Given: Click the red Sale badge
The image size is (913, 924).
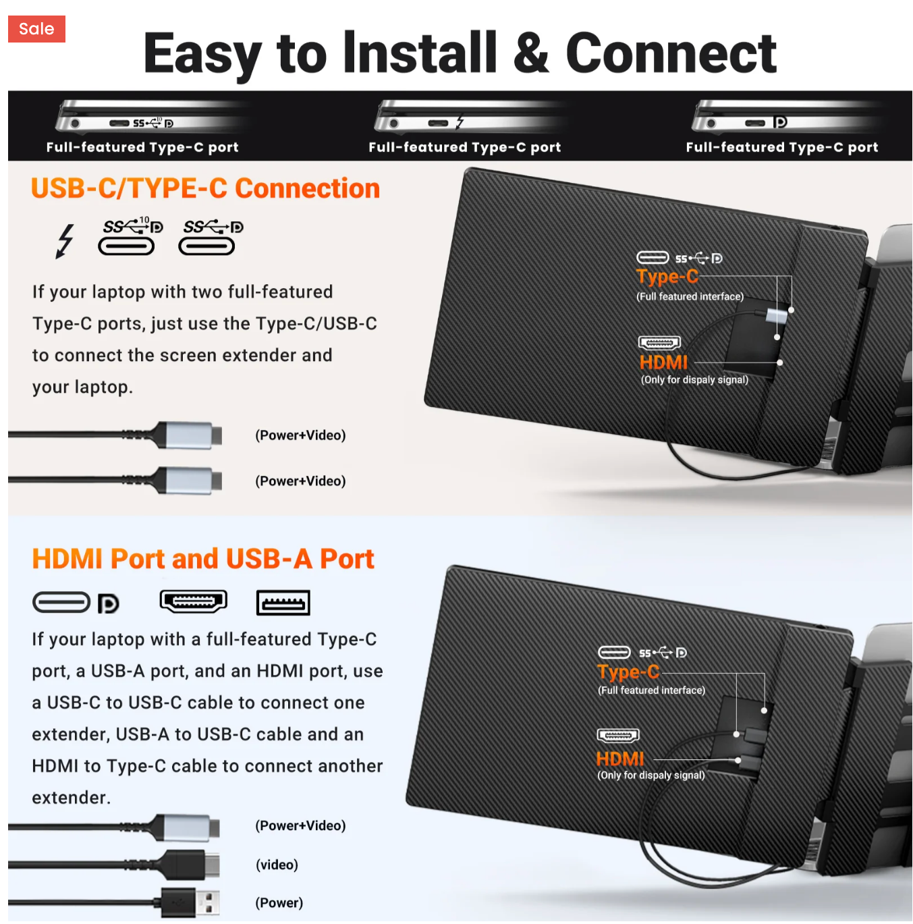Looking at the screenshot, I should [36, 29].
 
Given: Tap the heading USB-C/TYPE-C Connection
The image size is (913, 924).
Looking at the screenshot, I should [205, 188].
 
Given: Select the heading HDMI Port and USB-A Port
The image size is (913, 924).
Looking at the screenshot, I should [202, 559].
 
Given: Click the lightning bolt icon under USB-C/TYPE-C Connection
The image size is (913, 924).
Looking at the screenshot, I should [65, 241].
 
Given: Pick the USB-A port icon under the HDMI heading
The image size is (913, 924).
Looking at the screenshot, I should [283, 603].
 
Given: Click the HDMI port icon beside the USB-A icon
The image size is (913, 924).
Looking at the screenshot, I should [194, 601].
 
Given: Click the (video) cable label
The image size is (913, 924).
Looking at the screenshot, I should [277, 865].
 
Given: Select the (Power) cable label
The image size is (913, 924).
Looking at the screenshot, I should [279, 903].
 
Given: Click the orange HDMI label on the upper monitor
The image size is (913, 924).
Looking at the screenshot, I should [663, 362].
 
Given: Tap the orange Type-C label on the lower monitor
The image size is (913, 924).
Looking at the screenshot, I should [628, 672].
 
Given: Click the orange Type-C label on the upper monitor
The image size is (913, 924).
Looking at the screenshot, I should [667, 277].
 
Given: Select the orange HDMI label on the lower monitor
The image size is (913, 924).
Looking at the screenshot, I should [620, 759].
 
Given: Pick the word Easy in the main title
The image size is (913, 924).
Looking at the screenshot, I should [202, 53].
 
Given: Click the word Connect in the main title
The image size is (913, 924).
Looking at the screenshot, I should [671, 53].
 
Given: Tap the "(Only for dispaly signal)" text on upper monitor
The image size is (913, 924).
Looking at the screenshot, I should [694, 380].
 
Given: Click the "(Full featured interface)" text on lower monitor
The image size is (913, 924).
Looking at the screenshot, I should [651, 690].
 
